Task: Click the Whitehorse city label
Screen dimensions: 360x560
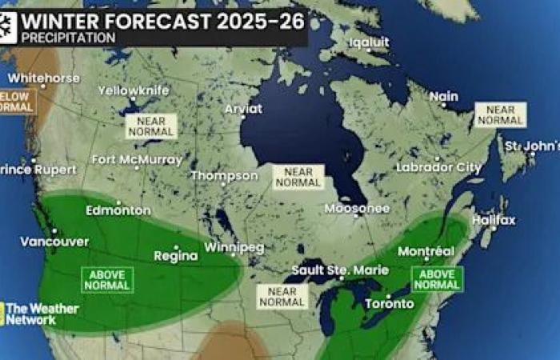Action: (x=44, y=78)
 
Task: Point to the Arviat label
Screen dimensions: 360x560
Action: (x=243, y=109)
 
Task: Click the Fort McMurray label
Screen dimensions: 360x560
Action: (x=137, y=159)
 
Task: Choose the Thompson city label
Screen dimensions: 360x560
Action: (x=224, y=176)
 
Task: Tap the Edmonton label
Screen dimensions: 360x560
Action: (x=118, y=210)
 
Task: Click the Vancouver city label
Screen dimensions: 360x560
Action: (x=43, y=242)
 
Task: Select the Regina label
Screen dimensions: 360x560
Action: (x=175, y=256)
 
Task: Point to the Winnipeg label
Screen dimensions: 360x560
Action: (x=234, y=247)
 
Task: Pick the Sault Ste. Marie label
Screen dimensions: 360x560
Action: (x=329, y=270)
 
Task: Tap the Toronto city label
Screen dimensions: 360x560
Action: (x=390, y=304)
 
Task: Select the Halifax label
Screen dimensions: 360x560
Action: (x=494, y=220)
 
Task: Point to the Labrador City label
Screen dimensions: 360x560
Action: (x=439, y=168)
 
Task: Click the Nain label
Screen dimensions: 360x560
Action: (x=444, y=97)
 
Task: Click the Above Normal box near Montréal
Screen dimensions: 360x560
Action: (x=437, y=279)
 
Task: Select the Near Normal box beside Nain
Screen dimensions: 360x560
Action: (x=500, y=114)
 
